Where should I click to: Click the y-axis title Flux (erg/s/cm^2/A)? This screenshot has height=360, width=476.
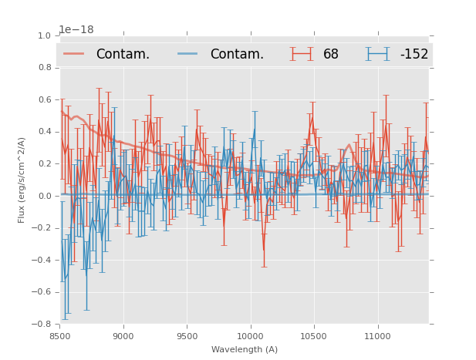pos(22,180)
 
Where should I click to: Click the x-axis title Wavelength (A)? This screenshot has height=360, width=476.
pos(245,349)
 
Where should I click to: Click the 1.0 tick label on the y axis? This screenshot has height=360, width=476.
pos(44,35)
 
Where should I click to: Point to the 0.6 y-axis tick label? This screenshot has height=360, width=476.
pos(44,99)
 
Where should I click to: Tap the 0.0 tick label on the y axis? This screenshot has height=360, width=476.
pos(44,196)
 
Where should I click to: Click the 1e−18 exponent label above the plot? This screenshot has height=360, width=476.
pos(76,29)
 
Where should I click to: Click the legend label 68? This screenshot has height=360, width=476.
pos(331,54)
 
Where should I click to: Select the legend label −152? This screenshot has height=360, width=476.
pos(414,54)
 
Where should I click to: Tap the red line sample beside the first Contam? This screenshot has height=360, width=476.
pos(74,54)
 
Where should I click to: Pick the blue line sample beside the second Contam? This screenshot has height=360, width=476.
pos(188,54)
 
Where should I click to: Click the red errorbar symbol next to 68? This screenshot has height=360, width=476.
pos(302,54)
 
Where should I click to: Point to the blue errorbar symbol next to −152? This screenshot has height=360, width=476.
pos(377,54)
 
